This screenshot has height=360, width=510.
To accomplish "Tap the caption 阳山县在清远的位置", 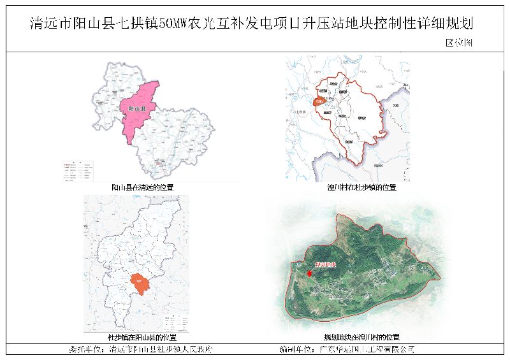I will [143, 187].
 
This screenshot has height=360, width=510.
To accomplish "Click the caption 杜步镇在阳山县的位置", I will [143, 337].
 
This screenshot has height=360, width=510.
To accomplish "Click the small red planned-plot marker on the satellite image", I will [309, 273].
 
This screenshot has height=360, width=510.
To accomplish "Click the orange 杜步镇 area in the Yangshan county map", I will [139, 282].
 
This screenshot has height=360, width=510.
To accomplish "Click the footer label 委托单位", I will [85, 350].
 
